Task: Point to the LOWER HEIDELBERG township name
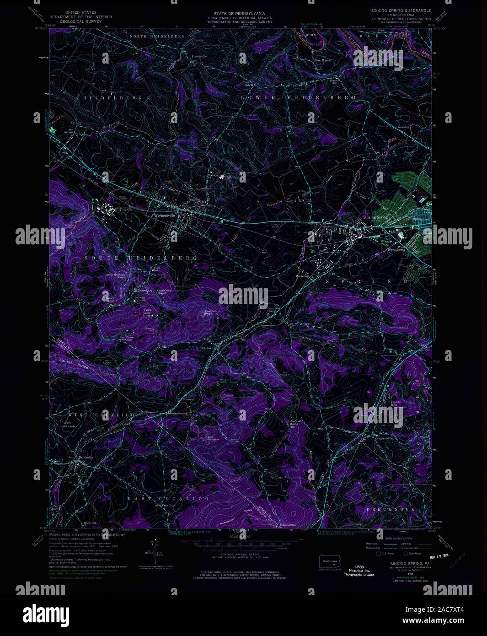point(299,97)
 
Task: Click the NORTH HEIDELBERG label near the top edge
point(157,36)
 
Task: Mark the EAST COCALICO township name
point(168,498)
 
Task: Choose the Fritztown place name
point(207,348)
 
